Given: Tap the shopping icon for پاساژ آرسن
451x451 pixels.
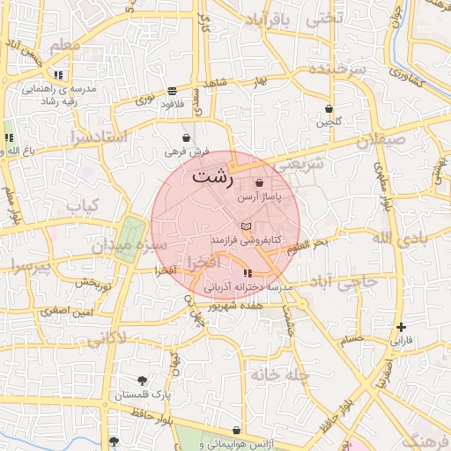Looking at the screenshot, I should click(x=258, y=183).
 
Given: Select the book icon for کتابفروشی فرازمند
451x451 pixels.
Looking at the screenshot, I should click(x=246, y=226).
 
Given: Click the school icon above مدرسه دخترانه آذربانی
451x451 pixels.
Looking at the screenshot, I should click(x=247, y=273).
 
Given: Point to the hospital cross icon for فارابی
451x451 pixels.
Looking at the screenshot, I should click(x=401, y=327).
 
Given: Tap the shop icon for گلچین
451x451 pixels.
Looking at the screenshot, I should click(x=329, y=109).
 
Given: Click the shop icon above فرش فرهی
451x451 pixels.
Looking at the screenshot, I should click(x=186, y=138).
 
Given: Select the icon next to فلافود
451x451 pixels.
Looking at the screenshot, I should click(x=171, y=91).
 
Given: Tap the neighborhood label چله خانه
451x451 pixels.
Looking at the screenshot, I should click(x=279, y=375).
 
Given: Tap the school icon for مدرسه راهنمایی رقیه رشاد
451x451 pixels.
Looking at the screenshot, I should click(x=58, y=76).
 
